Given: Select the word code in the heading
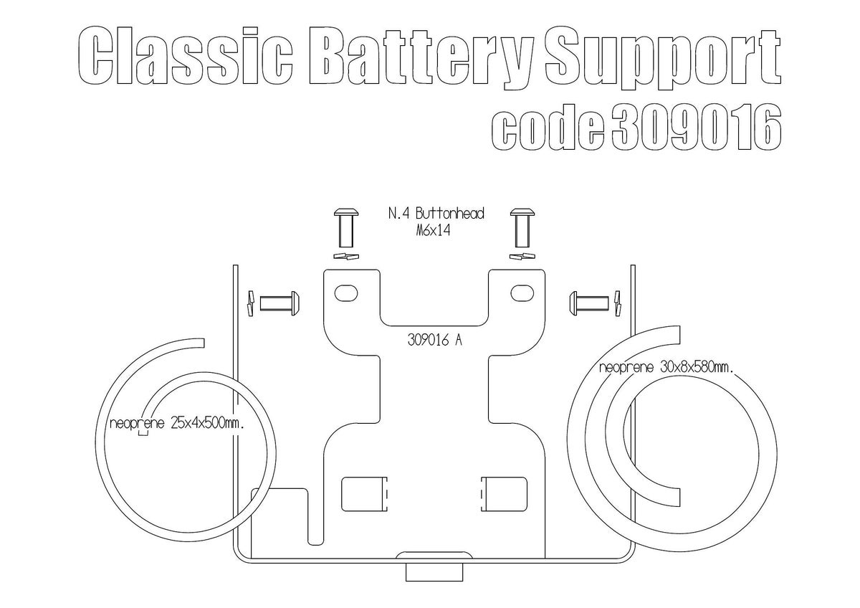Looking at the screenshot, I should pyautogui.click(x=548, y=129).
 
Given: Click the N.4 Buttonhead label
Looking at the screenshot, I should pyautogui.click(x=436, y=214).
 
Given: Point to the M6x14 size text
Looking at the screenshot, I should pyautogui.click(x=436, y=231).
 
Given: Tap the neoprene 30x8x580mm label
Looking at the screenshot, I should pyautogui.click(x=666, y=368).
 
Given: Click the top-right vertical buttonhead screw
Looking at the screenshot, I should pyautogui.click(x=522, y=226).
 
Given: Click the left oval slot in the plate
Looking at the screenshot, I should pyautogui.click(x=348, y=292).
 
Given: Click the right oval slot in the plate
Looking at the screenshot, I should pyautogui.click(x=522, y=292).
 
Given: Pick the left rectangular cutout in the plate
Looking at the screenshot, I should pyautogui.click(x=364, y=494).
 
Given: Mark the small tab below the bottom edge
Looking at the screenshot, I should pyautogui.click(x=433, y=571).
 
